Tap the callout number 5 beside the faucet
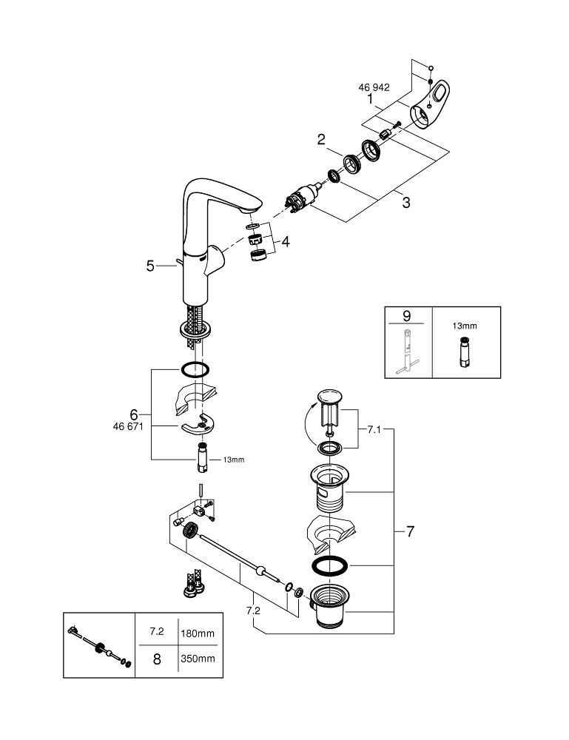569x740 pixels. pyautogui.click(x=150, y=266)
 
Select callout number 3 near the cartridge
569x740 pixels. pyautogui.click(x=405, y=202)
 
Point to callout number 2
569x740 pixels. pyautogui.click(x=322, y=139)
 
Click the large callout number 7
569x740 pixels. pyautogui.click(x=409, y=531)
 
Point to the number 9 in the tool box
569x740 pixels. pyautogui.click(x=406, y=315)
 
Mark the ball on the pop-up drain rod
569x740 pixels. pyautogui.click(x=259, y=571)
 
